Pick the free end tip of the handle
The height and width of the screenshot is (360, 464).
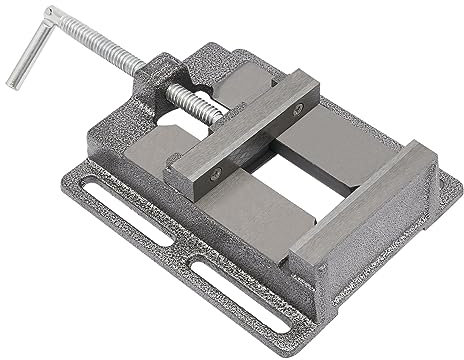(11, 83)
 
